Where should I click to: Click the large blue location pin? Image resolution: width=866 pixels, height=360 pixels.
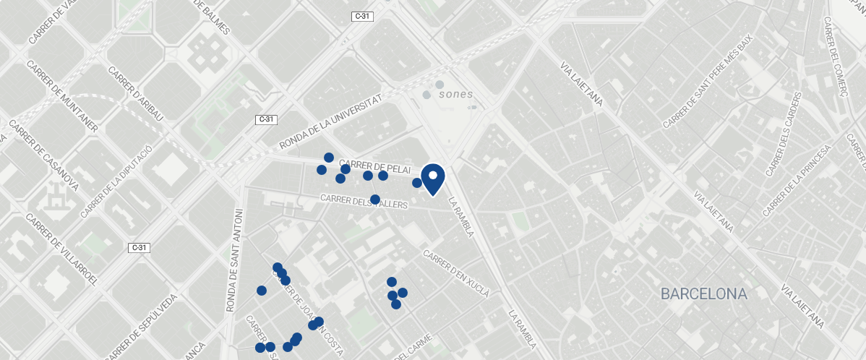click(432, 178)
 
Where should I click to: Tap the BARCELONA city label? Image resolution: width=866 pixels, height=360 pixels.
click(703, 294)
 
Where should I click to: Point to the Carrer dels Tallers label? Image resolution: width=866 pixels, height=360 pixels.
click(364, 202)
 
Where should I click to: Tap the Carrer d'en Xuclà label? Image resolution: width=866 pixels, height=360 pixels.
click(457, 274)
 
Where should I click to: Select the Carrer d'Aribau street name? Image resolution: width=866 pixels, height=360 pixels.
click(136, 94)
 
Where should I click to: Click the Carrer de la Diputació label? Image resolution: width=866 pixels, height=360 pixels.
click(116, 181)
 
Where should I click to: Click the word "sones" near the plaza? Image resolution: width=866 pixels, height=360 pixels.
click(455, 94)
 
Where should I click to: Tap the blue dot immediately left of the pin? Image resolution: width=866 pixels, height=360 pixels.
click(417, 183)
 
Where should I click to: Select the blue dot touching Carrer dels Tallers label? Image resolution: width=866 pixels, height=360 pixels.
click(375, 199)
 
